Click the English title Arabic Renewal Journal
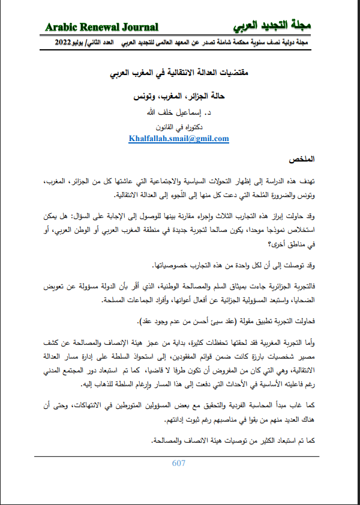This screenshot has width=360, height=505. coord(101,26)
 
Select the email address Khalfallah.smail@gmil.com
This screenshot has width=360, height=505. coord(179,139)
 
